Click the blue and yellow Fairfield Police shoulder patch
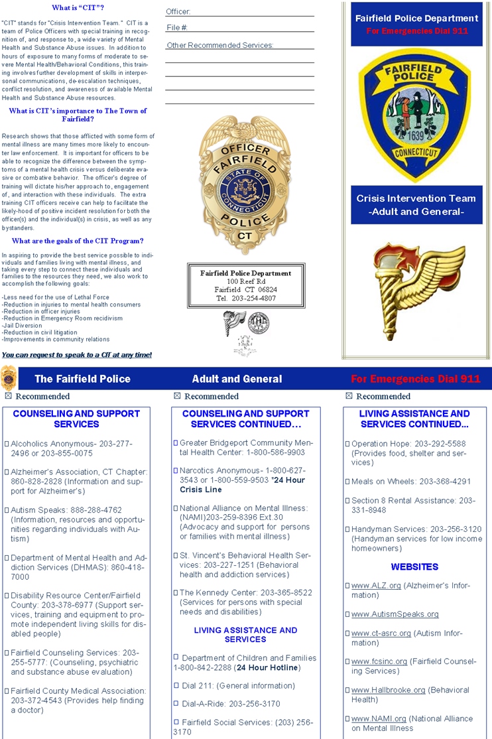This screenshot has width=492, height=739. (416, 117)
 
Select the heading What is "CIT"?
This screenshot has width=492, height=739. (78, 8)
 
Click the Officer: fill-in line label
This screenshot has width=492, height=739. (178, 12)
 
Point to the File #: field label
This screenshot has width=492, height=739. (177, 28)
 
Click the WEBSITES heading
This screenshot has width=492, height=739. (414, 567)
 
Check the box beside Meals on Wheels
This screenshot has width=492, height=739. (347, 482)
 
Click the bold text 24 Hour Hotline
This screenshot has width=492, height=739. (267, 667)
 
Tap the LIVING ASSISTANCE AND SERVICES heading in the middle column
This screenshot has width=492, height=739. (245, 635)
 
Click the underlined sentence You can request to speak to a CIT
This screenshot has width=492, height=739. (77, 355)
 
